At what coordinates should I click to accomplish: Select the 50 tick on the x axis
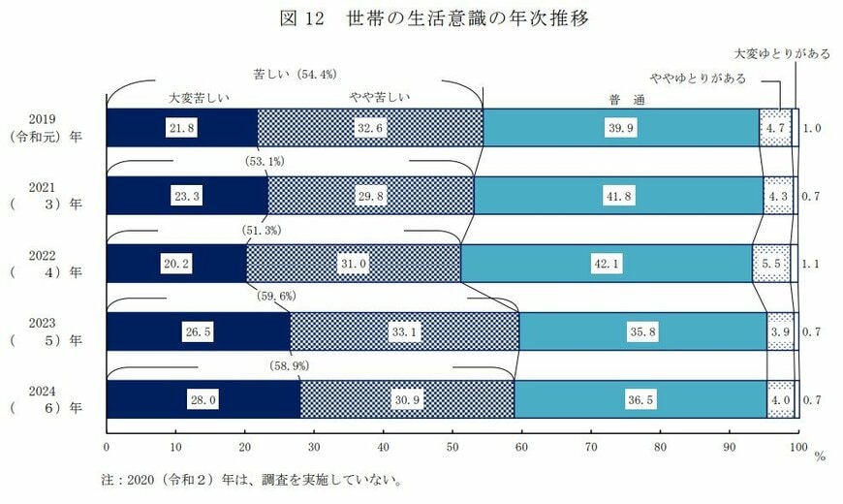pyautogui.click(x=453, y=448)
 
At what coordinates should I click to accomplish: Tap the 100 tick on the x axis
pyautogui.click(x=796, y=448)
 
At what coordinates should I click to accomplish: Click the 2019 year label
pyautogui.click(x=45, y=119)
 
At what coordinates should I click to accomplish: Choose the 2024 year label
pyautogui.click(x=45, y=391)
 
